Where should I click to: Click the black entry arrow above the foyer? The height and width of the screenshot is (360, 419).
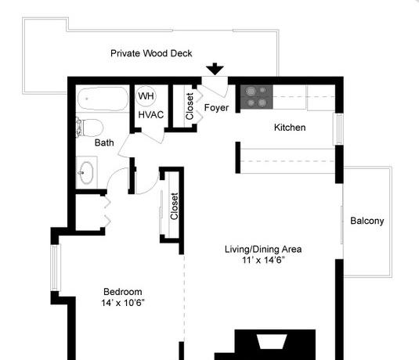coord(215,69)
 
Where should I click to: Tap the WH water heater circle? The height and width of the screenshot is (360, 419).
coord(146,95)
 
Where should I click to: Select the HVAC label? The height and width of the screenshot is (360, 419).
coord(151,115)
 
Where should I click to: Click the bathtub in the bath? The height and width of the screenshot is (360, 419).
coord(103,99)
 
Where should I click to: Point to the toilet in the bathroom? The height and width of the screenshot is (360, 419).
coord(90,128)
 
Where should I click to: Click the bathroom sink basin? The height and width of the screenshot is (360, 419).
coord(86,172)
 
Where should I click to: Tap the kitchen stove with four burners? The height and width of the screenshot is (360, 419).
coord(256,97)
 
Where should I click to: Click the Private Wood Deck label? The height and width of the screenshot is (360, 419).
coord(151,53)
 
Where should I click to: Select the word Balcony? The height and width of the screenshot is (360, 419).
coord(367,221)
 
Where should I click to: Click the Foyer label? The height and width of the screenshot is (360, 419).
coord(216,108)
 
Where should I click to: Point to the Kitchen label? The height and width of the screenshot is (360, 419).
coord(290,128)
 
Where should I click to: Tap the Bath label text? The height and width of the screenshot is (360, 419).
coord(104,142)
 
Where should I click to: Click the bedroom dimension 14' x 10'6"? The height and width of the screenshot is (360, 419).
coord(123,303)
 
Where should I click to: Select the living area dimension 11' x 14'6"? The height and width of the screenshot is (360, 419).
coord(263,260)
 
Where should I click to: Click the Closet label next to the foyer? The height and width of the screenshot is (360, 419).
coord(190,106)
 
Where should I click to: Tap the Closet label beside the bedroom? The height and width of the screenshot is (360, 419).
coord(174,206)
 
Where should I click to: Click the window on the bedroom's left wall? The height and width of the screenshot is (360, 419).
coord(55,268)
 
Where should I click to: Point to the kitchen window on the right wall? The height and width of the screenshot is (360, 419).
coord(338,129)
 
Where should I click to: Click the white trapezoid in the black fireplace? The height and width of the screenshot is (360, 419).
coord(272,341)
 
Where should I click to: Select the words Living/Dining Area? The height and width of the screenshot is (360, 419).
coord(263,249)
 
